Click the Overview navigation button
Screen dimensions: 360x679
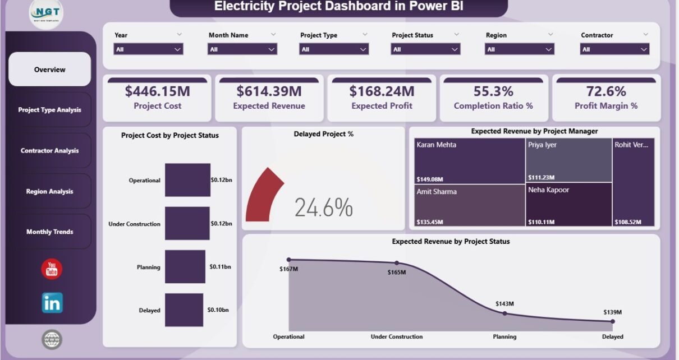[x=49, y=70]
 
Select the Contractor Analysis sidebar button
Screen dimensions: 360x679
[x=49, y=150]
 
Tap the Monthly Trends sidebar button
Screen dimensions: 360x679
[x=49, y=232]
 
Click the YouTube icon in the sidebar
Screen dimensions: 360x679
[x=52, y=269]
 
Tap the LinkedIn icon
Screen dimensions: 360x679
[x=52, y=303]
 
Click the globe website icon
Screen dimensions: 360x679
[x=52, y=339]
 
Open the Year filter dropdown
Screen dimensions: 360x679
[x=148, y=49]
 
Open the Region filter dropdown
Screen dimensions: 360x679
[x=519, y=49]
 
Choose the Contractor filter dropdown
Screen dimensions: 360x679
[x=614, y=49]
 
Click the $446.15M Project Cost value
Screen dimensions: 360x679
[x=157, y=91]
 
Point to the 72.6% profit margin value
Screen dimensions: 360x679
[x=606, y=91]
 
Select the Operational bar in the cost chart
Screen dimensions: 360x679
[x=187, y=180]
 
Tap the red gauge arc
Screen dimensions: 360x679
[x=263, y=193]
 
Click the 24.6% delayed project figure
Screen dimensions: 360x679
[x=324, y=208]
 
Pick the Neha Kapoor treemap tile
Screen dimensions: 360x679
[x=568, y=205]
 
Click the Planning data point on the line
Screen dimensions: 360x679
[x=504, y=313]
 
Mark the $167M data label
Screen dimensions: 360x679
[x=288, y=269]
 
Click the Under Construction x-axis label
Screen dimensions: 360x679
[x=396, y=336]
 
